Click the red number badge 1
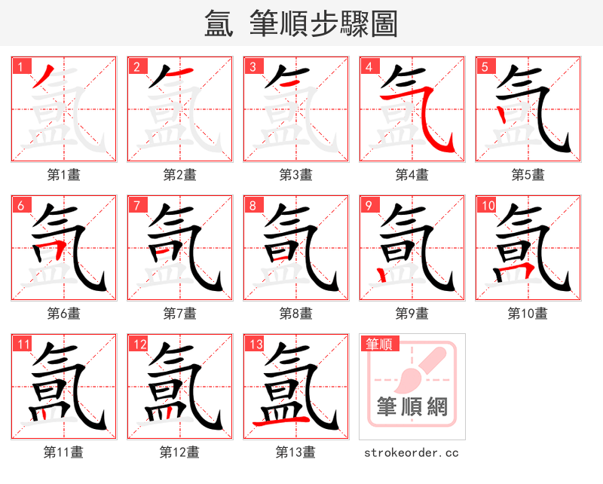[x=20, y=66]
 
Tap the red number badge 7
[x=136, y=205]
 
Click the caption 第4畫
[x=412, y=175]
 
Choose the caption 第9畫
[x=412, y=313]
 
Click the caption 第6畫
[x=63, y=313]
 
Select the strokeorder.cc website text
[x=412, y=453]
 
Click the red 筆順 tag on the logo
[x=378, y=345]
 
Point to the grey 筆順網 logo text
[x=412, y=408]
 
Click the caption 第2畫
[x=179, y=175]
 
